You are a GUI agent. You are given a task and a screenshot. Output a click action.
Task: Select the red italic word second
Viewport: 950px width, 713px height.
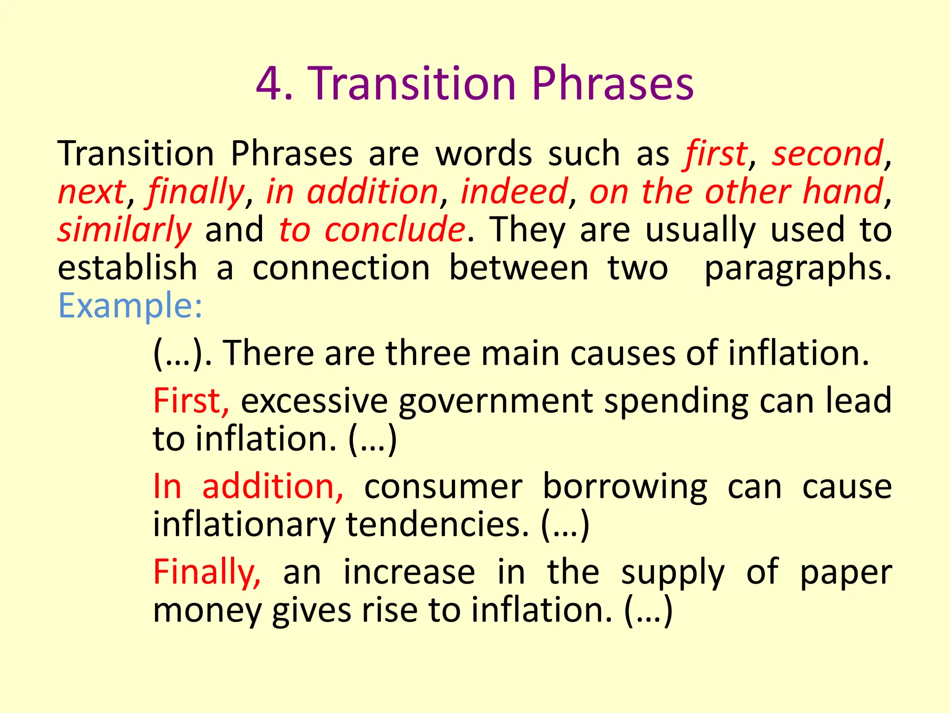[x=827, y=154]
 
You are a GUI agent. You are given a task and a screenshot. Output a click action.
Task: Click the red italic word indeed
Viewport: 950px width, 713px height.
[x=514, y=192]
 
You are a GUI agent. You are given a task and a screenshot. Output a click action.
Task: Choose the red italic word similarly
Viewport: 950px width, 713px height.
[x=124, y=230]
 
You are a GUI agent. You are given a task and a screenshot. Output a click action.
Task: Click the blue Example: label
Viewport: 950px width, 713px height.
[x=130, y=306]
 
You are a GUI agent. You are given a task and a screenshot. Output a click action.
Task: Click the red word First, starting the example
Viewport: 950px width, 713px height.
[x=191, y=401]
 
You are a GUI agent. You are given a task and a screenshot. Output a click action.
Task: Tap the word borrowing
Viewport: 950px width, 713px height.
[x=625, y=487]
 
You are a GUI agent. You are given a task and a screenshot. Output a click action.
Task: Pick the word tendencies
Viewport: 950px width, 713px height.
[x=437, y=525]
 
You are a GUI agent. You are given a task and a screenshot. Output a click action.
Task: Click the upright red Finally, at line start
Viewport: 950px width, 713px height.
[x=207, y=573]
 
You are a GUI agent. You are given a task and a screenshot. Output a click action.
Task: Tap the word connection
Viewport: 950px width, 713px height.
[x=341, y=268]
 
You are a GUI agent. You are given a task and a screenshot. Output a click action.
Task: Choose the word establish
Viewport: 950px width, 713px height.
[x=128, y=268]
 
